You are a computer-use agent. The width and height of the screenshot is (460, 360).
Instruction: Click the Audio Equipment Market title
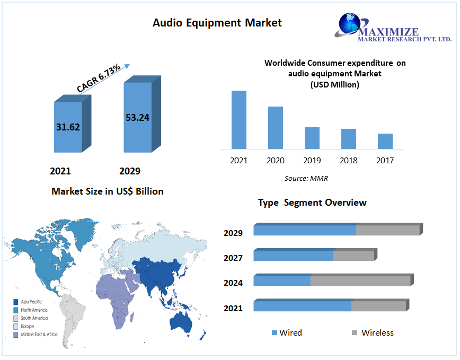pos(217,23)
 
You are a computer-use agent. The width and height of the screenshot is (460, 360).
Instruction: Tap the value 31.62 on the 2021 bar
pos(68,127)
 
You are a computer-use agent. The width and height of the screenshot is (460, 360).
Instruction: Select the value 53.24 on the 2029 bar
pos(137,117)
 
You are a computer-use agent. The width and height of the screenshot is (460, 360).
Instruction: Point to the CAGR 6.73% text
pos(99,78)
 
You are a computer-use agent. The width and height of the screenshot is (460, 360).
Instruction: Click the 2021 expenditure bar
pos(239,120)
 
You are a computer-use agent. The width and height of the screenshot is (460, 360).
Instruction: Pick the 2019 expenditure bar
pos(312,138)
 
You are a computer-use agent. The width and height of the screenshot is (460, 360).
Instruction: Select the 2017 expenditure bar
pos(385,141)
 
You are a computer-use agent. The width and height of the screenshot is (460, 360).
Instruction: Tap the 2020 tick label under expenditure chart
pos(276,160)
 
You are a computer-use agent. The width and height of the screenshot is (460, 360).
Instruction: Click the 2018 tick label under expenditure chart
pos(349,160)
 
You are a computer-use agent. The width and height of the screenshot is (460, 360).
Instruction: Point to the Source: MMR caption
pos(306,178)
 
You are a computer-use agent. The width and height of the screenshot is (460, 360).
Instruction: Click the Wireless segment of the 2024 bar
pos(360,281)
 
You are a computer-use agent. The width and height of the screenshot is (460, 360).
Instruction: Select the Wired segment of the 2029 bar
pos(305,230)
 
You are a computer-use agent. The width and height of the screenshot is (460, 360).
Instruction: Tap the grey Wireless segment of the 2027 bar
pos(353,256)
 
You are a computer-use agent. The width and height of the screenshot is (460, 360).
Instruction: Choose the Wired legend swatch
pos(275,333)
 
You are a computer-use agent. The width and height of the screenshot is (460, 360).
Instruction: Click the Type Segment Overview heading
pos(312,203)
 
